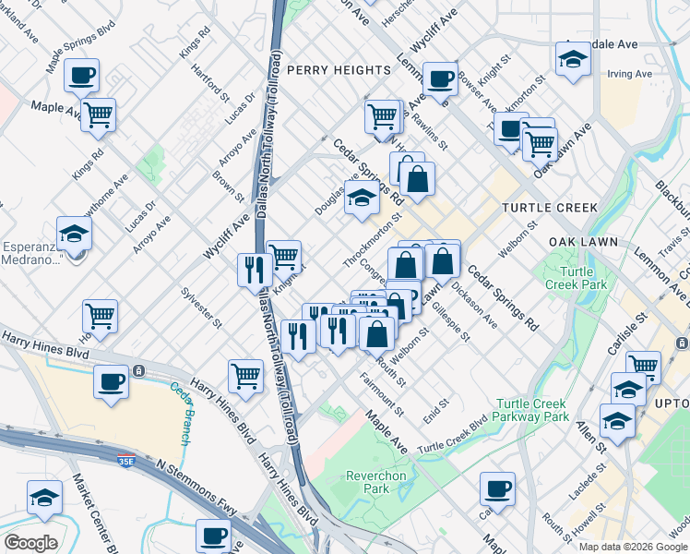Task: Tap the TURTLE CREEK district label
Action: tap(550, 209)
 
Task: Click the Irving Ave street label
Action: tap(630, 73)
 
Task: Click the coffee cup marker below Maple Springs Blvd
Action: tap(82, 75)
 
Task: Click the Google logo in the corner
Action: tap(30, 543)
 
